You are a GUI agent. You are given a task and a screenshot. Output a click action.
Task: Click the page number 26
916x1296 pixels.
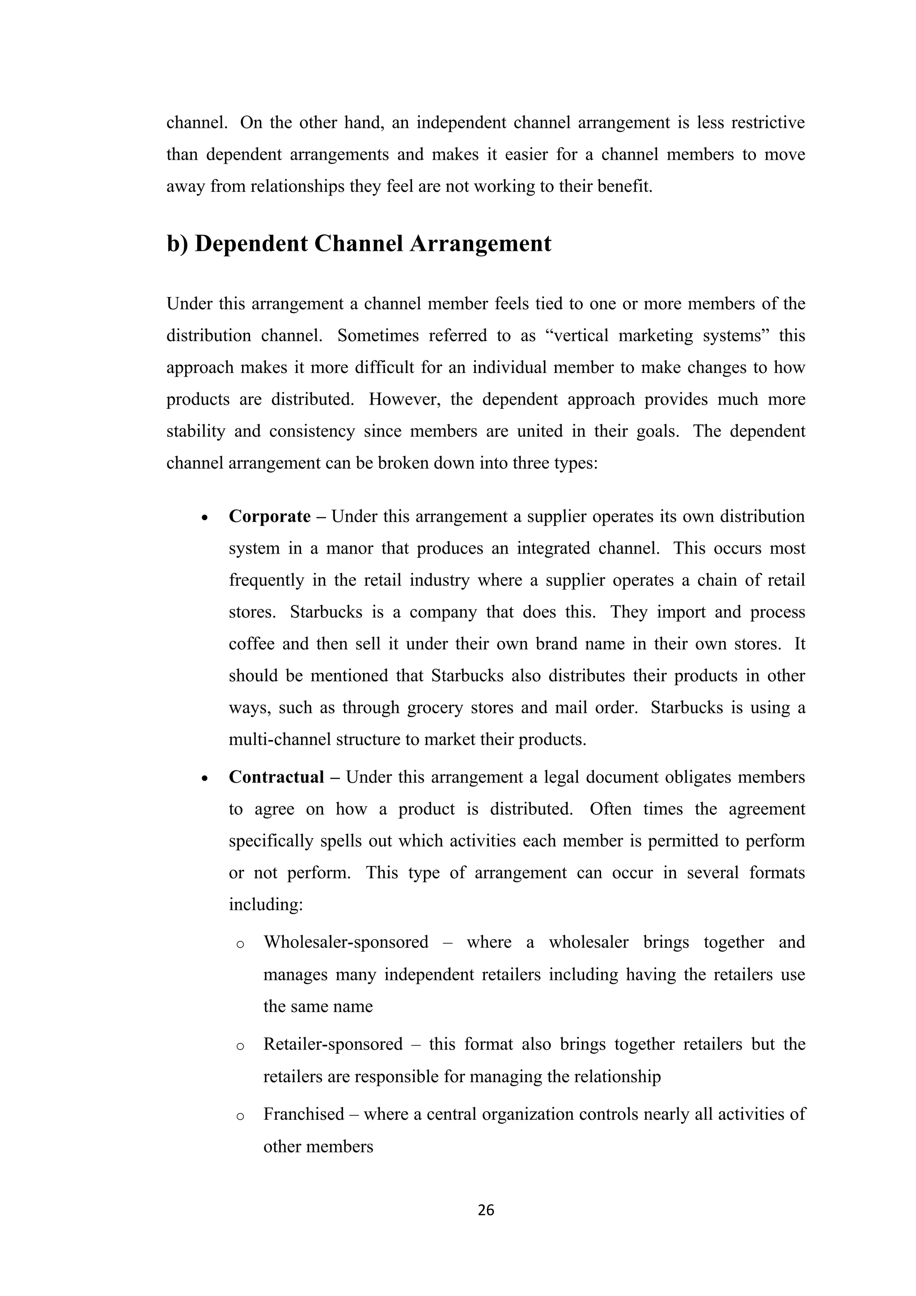pyautogui.click(x=485, y=1210)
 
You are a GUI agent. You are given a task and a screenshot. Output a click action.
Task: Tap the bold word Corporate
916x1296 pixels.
pyautogui.click(x=269, y=517)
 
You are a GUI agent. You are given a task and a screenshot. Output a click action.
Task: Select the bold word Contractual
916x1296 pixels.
pyautogui.click(x=276, y=777)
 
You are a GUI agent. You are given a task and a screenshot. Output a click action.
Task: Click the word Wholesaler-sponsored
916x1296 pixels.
pyautogui.click(x=345, y=942)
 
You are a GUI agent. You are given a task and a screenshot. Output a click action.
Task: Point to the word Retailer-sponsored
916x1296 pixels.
pyautogui.click(x=333, y=1044)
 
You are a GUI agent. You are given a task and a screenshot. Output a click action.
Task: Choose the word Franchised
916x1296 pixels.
pyautogui.click(x=304, y=1114)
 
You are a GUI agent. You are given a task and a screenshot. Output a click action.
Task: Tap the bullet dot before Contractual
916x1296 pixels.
pyautogui.click(x=205, y=779)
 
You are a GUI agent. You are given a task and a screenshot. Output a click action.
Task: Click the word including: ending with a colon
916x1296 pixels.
pyautogui.click(x=266, y=905)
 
